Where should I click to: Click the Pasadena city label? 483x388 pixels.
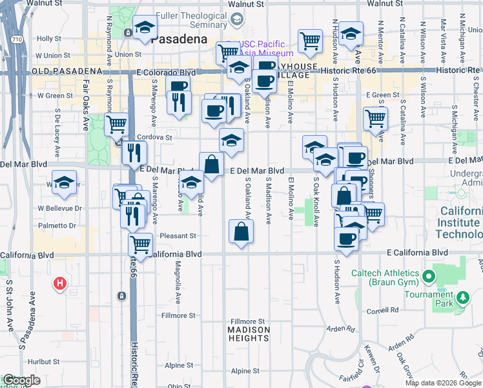coord(179,39)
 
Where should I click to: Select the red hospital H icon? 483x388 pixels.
coord(60,283)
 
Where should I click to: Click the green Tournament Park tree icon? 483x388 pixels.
coord(462,297)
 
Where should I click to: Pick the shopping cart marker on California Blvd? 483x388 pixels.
coord(140,244)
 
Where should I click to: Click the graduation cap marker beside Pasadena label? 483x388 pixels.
coord(146,28)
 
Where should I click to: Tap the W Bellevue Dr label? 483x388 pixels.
coord(59,208)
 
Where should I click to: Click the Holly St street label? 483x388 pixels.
coord(48,39)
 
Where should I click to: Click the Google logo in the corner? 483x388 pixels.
coord(21,381)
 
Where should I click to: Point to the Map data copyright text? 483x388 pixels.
coord(443,383)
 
